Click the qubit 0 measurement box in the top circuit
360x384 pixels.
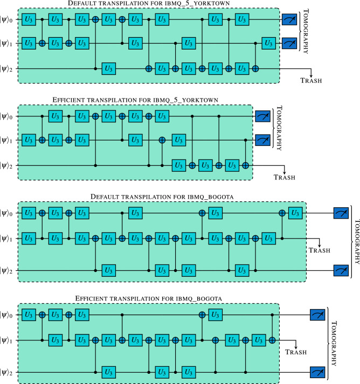point(288,20)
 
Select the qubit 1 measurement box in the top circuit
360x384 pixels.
point(288,43)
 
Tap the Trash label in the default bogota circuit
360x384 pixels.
point(321,252)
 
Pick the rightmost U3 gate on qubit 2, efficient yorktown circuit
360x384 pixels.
point(232,165)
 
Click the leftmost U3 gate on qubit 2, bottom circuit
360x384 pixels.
point(108,371)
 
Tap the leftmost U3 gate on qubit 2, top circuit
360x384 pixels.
point(108,68)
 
